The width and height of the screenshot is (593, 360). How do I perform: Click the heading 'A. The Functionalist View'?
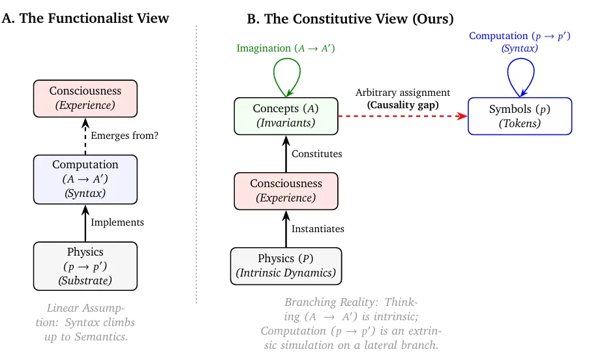[85, 18]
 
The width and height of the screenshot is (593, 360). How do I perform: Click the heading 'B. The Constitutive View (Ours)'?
[350, 19]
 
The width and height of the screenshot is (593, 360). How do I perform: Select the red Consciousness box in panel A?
[85, 98]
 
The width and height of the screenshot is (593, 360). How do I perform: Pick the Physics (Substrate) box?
[85, 266]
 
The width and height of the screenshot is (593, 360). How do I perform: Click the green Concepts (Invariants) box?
[286, 116]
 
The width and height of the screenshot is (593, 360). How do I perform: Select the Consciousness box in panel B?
[286, 192]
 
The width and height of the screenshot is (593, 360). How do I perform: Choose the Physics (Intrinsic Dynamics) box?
[286, 266]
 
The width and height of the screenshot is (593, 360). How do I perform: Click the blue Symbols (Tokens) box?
[520, 116]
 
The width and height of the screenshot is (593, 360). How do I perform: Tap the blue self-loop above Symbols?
[520, 76]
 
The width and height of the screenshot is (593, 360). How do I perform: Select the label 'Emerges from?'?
[125, 136]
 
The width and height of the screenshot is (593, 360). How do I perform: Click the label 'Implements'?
[117, 222]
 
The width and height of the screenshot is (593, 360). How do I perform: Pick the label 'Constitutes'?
[316, 154]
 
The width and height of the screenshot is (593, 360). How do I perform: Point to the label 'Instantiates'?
[318, 229]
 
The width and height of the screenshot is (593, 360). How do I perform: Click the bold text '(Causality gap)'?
[403, 104]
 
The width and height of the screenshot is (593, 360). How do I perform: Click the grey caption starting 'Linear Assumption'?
[86, 322]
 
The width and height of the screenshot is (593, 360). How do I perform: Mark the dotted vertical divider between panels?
[196, 163]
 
